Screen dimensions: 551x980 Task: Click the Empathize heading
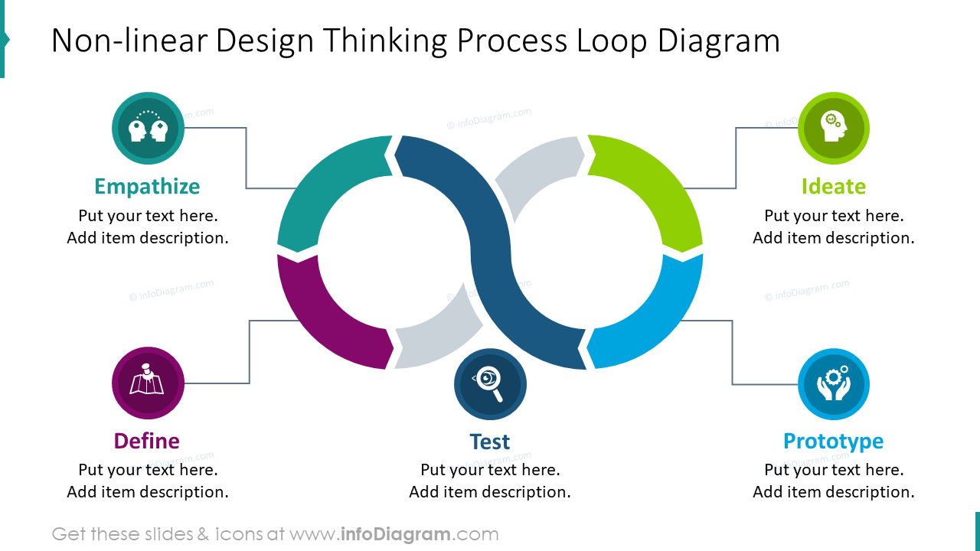tap(147, 187)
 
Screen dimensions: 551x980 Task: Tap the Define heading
tap(146, 441)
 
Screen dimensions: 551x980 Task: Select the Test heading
tap(489, 442)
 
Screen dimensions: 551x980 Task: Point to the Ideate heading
tap(833, 187)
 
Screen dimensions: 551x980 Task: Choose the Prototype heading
tap(833, 441)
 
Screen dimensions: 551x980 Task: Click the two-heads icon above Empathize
tap(148, 128)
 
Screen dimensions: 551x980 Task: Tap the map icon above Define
tap(148, 383)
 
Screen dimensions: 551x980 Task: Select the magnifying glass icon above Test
tap(490, 384)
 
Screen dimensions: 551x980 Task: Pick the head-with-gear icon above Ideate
tap(833, 128)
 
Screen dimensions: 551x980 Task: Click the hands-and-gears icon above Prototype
tap(833, 383)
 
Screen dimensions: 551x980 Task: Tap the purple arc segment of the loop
tap(322, 321)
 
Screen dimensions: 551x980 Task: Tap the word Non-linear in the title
tap(128, 41)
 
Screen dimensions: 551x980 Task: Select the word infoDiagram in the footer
tap(395, 534)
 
